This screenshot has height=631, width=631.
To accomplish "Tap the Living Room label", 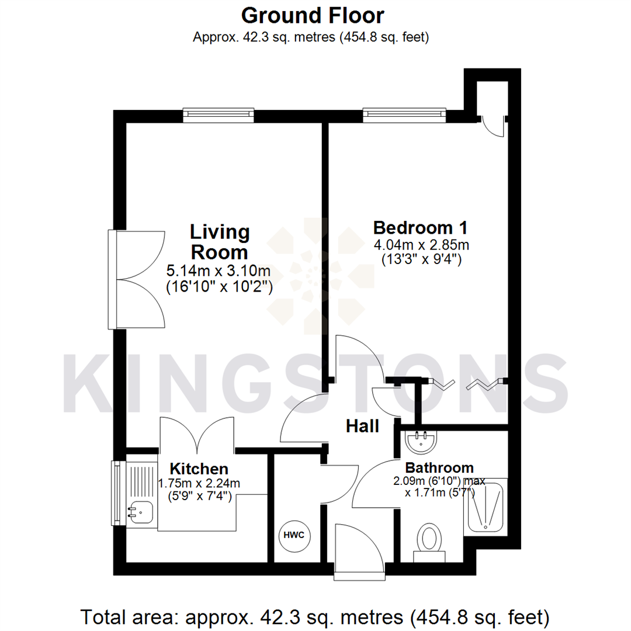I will (219, 242).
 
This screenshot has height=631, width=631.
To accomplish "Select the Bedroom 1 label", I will (420, 227).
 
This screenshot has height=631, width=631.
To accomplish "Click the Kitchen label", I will (199, 469).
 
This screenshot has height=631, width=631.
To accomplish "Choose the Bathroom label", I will (439, 467).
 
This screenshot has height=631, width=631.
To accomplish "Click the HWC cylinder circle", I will (294, 536).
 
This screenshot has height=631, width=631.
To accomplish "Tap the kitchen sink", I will (140, 512).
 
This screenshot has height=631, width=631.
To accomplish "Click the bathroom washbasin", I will (420, 442).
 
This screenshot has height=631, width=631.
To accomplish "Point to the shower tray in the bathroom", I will (486, 506).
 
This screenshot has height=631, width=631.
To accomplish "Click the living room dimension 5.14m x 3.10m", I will (219, 271).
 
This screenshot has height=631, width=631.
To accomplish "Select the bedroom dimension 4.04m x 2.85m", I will (421, 244).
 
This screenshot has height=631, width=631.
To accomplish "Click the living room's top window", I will (218, 115).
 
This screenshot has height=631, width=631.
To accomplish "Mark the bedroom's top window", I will (404, 115).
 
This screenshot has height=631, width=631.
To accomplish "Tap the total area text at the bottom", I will (315, 616).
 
